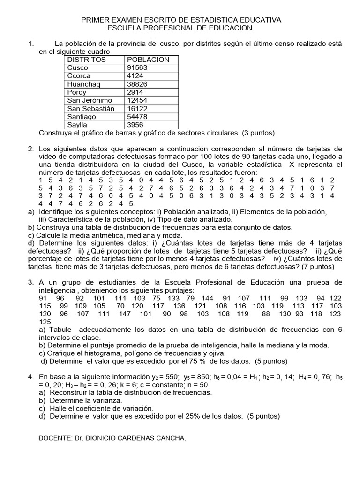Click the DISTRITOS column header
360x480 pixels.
coord(87,60)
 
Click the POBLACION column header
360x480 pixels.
coord(148,60)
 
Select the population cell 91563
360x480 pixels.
coord(137,67)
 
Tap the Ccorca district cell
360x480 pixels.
coord(79,76)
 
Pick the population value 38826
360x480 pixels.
coord(137,84)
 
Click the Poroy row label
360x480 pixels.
coord(77,92)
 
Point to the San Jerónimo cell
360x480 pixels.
coord(89,101)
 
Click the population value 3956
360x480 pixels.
coord(135,125)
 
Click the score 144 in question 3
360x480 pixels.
coord(207,298)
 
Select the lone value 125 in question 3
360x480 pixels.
coord(45,322)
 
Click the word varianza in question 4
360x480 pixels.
coord(108,400)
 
